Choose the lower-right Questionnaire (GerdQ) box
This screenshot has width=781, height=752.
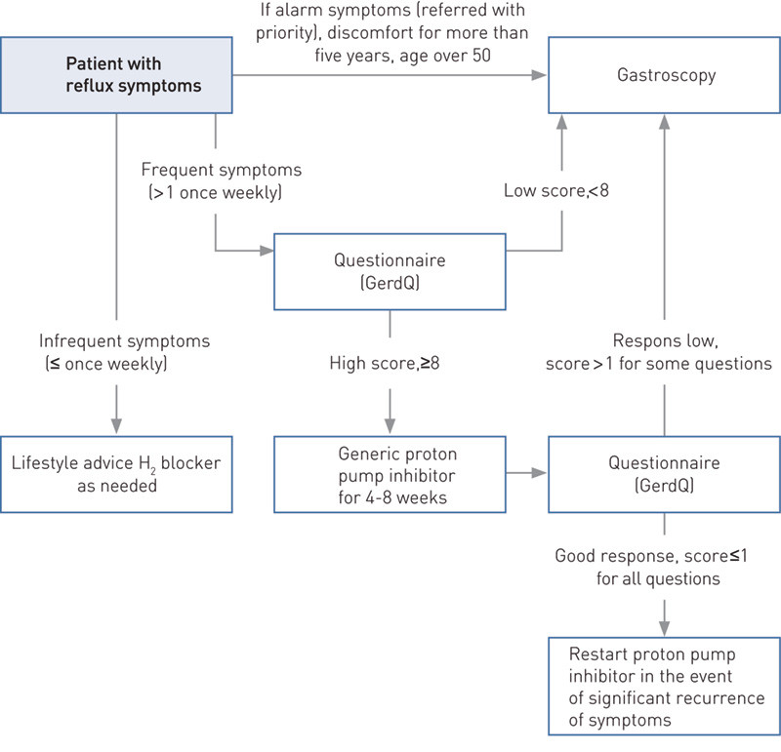665,473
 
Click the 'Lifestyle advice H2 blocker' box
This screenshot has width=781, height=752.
116,473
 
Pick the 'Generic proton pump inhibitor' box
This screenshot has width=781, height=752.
390,473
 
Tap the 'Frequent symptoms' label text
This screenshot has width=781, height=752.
223,170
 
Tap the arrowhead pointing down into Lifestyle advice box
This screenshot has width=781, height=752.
116,424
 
